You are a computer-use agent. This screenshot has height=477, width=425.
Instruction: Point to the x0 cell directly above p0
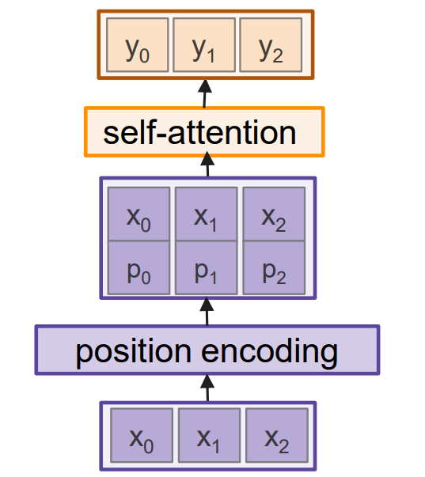(x=139, y=215)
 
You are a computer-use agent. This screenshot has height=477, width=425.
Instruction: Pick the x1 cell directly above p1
(x=206, y=215)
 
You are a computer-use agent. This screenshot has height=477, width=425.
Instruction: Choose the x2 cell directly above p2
(x=274, y=215)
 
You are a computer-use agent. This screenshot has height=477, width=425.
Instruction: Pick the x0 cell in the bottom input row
(x=141, y=435)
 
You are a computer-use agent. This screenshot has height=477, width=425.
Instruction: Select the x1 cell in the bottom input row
(x=207, y=435)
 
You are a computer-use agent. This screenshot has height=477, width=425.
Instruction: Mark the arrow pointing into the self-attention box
(x=207, y=166)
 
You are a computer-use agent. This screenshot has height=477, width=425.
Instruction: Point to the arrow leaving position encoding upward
(x=207, y=312)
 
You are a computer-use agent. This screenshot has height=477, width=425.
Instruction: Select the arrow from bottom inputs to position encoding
(x=207, y=388)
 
